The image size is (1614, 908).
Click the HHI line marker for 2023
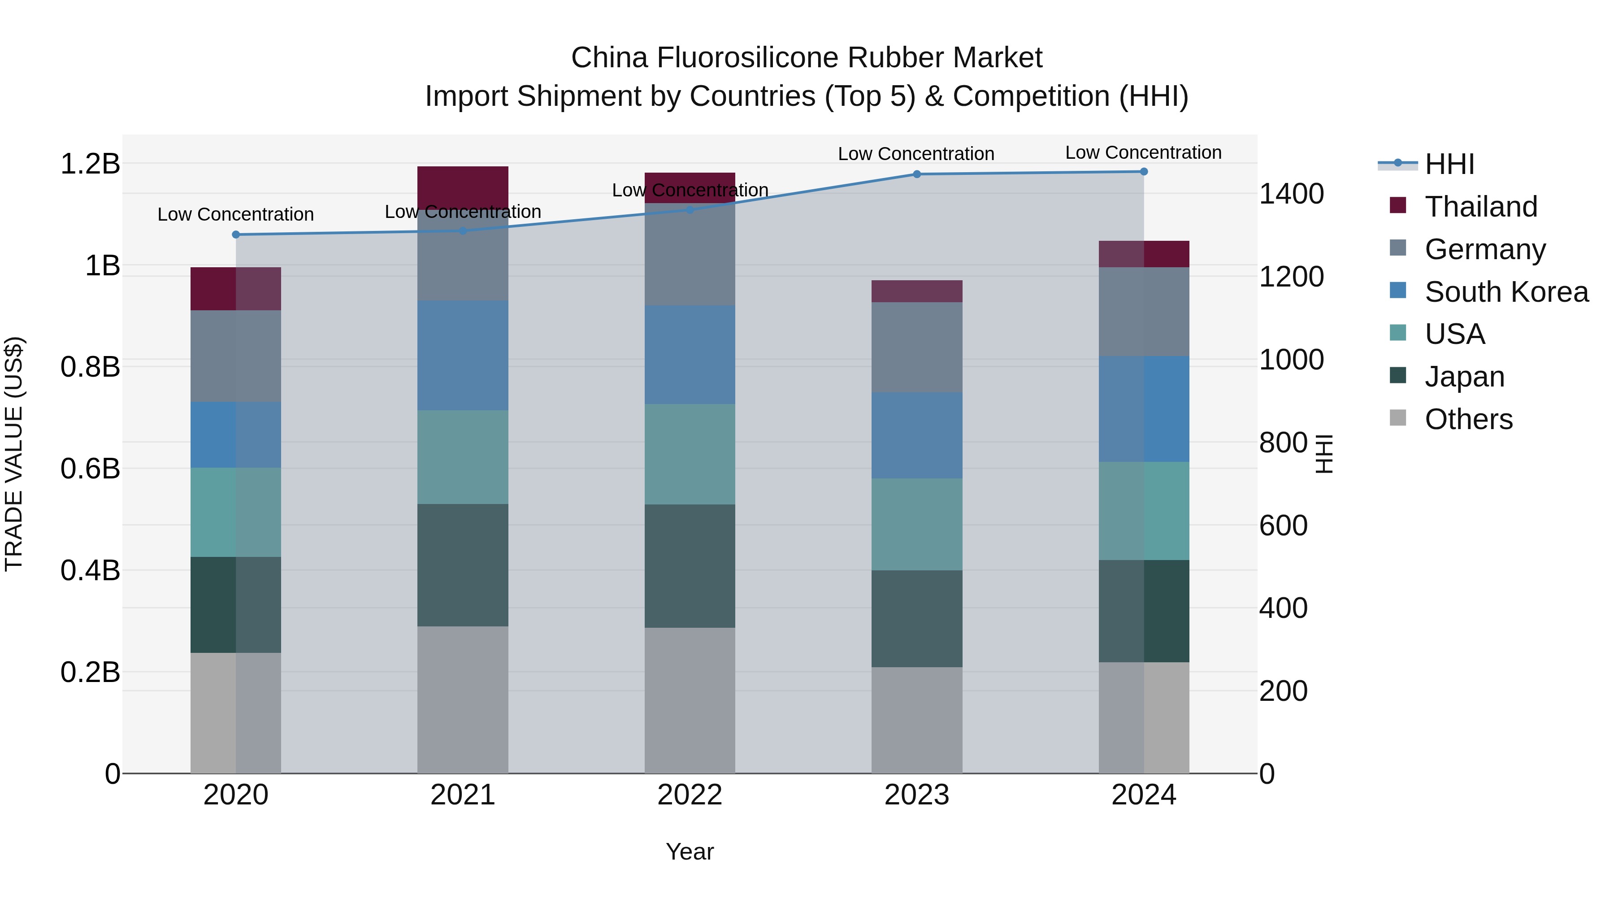(917, 174)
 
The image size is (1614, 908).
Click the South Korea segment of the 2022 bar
(690, 355)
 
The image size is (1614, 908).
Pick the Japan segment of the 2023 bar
(917, 618)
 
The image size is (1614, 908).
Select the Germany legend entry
(1484, 249)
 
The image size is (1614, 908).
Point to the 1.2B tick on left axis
(90, 164)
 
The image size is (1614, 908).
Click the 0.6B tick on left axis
(90, 469)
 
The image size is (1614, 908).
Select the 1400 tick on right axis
(1291, 194)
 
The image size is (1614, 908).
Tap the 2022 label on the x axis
(690, 795)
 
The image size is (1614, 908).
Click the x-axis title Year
(690, 852)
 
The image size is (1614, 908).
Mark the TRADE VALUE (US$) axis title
(14, 454)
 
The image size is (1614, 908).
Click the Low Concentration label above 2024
(1143, 152)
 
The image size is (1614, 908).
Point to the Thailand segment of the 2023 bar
(917, 291)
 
